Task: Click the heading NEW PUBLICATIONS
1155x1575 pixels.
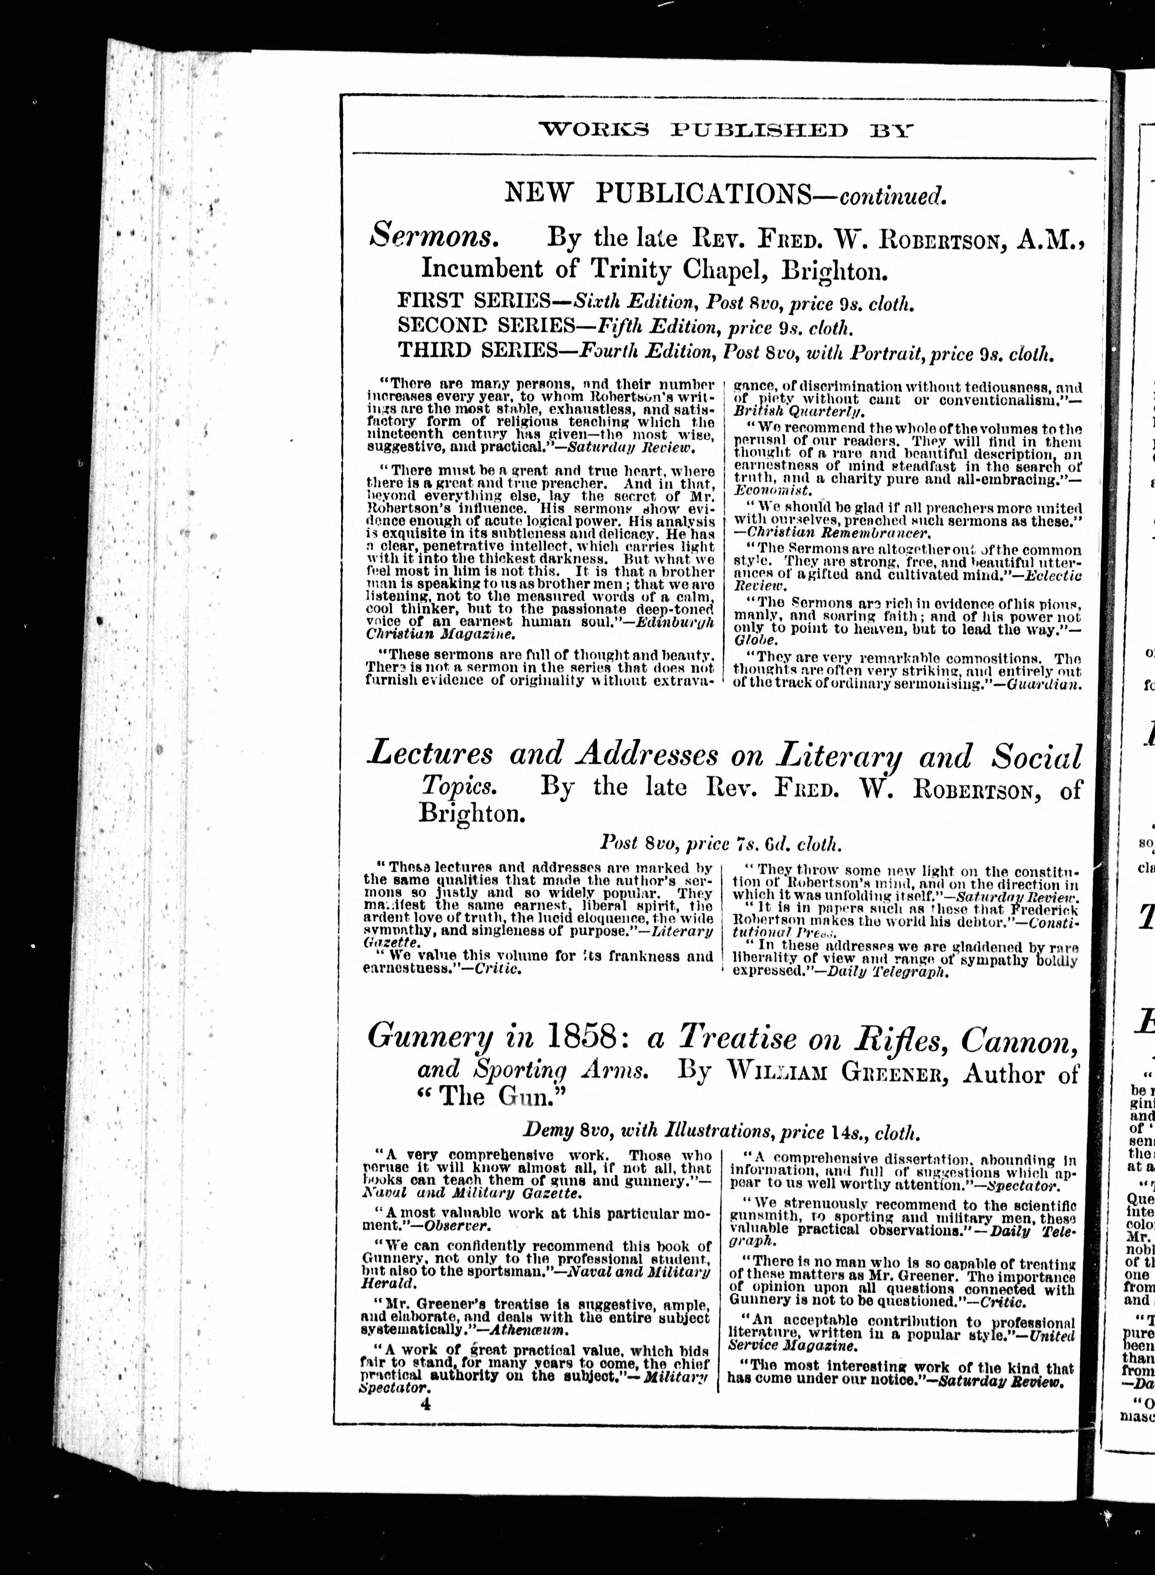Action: pyautogui.click(x=657, y=194)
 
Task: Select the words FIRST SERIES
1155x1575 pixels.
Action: pyautogui.click(x=471, y=301)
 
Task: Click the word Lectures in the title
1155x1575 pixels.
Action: pyautogui.click(x=430, y=754)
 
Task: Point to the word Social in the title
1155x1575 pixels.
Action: pyautogui.click(x=1036, y=757)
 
